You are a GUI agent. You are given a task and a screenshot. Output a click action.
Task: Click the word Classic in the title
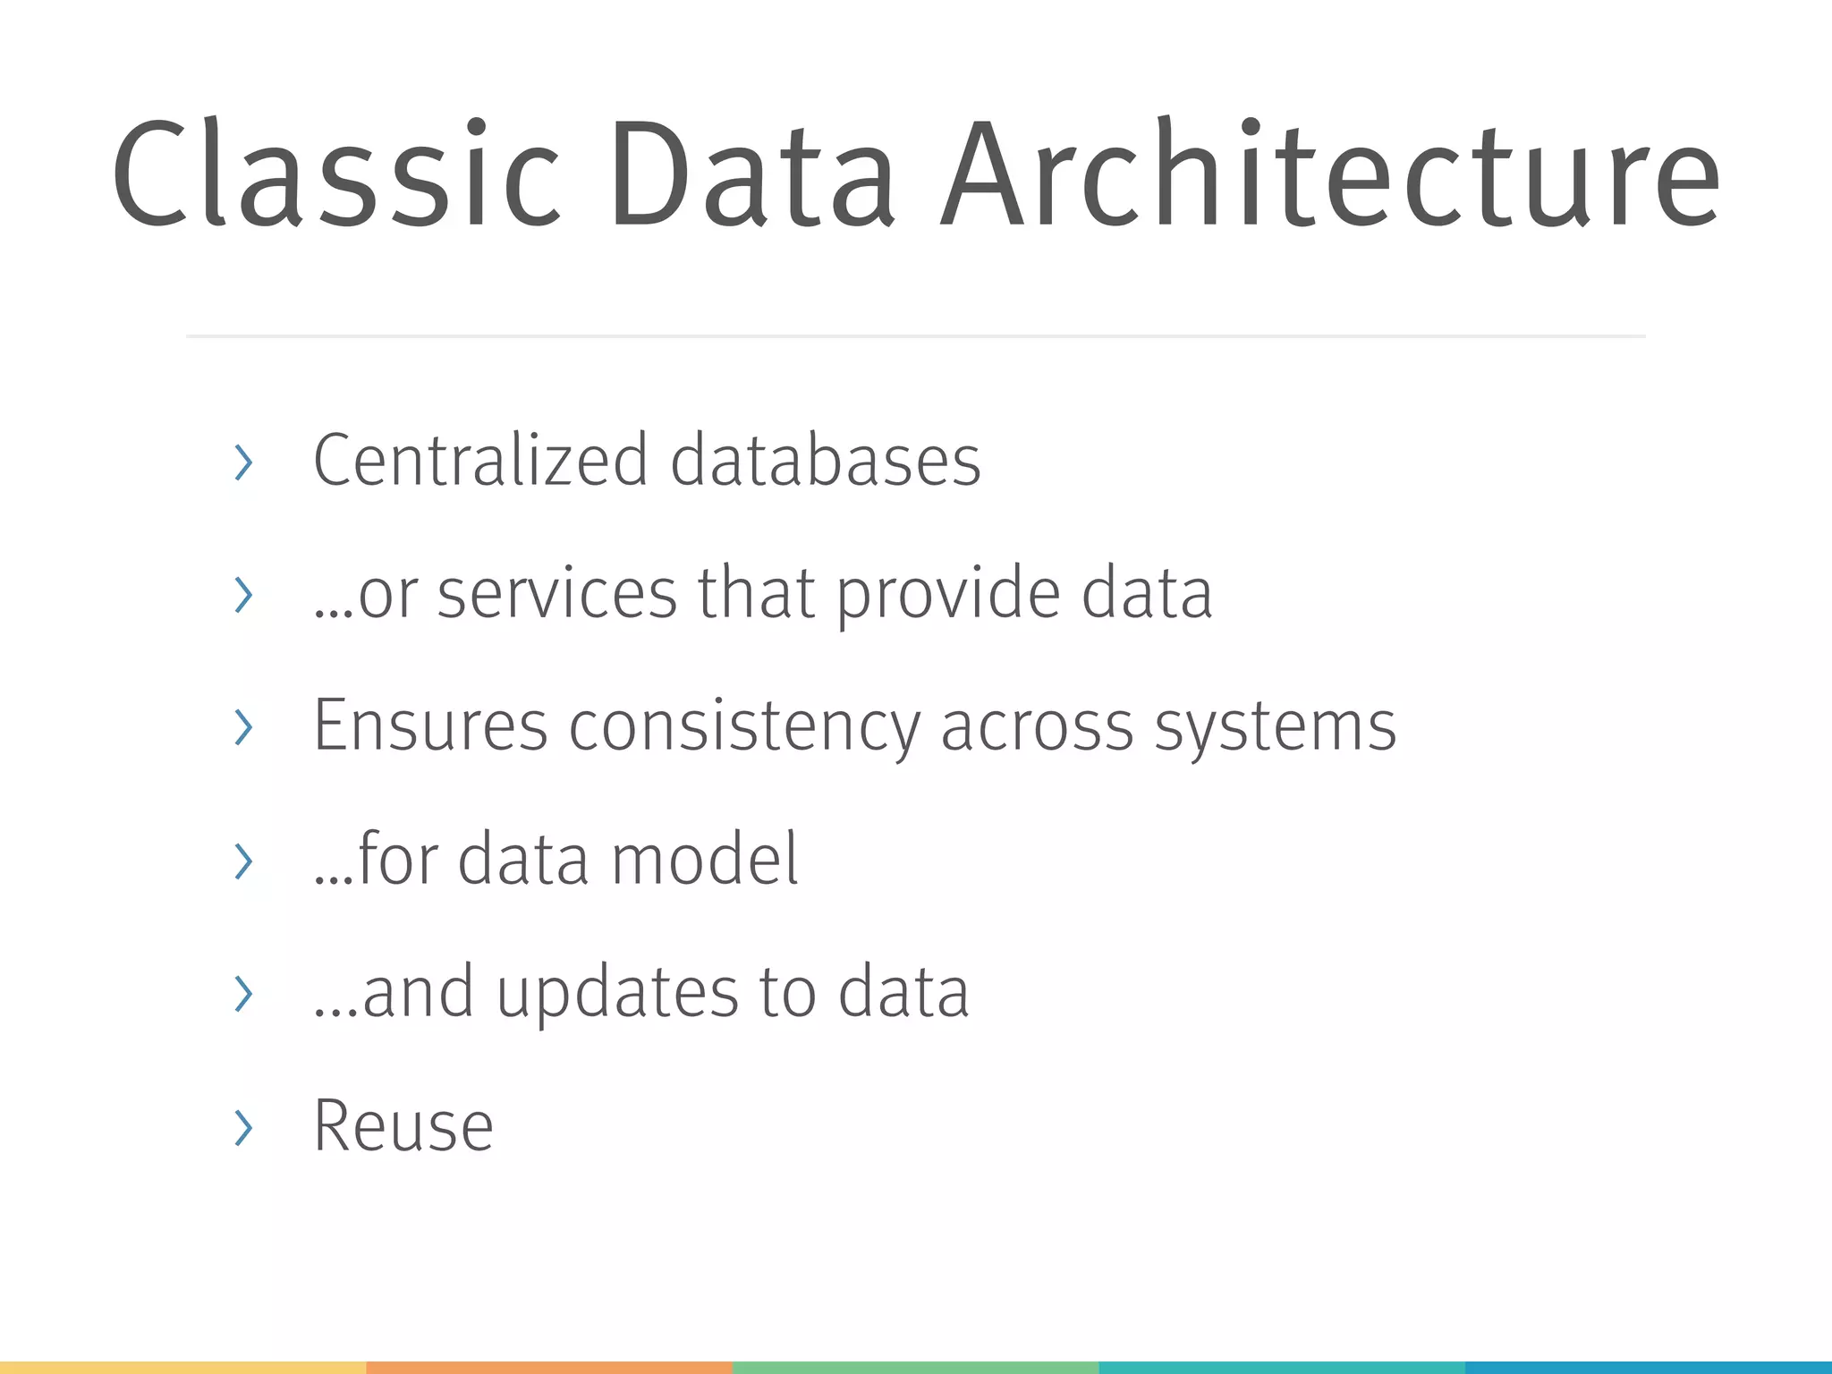335,174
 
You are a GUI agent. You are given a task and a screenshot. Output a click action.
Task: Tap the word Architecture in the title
1330,174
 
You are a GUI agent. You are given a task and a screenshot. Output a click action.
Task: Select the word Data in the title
751,174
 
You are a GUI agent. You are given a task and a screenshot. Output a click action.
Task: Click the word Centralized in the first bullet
479,461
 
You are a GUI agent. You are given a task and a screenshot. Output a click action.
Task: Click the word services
556,595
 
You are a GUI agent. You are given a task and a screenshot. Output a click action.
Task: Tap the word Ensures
429,726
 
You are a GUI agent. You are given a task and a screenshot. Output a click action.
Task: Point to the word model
704,859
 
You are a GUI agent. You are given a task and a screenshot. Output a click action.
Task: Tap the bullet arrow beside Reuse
242,1127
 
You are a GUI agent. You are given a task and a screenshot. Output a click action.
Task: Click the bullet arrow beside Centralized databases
242,462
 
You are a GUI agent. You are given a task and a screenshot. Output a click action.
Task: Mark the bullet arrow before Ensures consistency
242,727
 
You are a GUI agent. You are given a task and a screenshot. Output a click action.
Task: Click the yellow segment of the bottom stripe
182,1368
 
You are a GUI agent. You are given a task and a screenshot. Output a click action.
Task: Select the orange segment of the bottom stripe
549,1368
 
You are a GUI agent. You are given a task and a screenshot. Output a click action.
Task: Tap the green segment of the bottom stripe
915,1368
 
